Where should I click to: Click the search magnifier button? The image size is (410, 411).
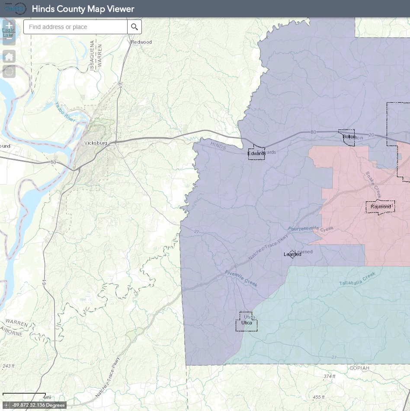tap(135, 27)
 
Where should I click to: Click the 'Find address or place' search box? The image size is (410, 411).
tap(76, 27)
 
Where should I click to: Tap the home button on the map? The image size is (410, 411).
tap(9, 56)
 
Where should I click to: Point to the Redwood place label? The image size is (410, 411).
tap(141, 42)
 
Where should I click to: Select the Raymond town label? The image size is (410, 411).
tap(381, 207)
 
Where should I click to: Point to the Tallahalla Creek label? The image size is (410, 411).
tap(358, 276)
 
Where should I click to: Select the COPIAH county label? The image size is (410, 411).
tap(359, 368)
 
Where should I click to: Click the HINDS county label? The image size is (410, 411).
tap(218, 146)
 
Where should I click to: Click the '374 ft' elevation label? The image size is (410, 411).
tap(329, 376)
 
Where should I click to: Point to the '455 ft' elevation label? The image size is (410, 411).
tap(318, 397)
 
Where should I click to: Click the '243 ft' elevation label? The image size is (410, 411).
tap(8, 366)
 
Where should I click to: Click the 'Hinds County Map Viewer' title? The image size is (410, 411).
tap(83, 9)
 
